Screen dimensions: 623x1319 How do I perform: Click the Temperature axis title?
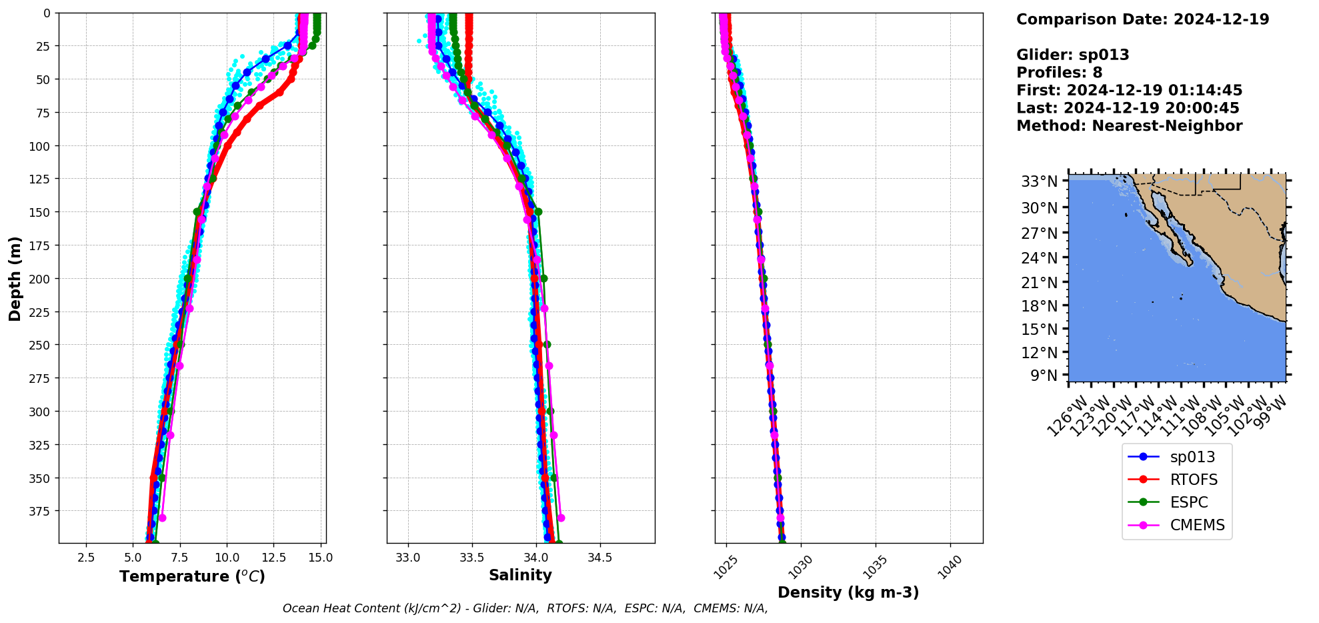point(192,576)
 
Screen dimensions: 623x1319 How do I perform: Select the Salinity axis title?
point(520,575)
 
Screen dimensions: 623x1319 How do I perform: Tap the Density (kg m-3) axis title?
point(848,592)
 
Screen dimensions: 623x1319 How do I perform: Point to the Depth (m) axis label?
point(15,278)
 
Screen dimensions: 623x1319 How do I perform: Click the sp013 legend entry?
point(1192,457)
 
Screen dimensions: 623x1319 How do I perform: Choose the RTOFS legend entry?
point(1194,480)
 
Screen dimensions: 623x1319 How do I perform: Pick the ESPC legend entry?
point(1189,502)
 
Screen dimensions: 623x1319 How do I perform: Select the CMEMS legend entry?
point(1197,525)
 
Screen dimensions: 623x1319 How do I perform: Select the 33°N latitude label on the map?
point(1039,181)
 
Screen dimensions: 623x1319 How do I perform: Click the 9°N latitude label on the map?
point(1044,376)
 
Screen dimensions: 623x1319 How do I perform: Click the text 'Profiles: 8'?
point(1059,73)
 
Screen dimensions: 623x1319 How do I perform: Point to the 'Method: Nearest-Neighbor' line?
point(1129,126)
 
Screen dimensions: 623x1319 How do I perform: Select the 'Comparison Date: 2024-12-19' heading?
point(1142,19)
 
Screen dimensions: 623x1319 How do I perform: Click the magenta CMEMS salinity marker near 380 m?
point(561,518)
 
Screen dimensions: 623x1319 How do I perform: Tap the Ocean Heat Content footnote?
point(525,608)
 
